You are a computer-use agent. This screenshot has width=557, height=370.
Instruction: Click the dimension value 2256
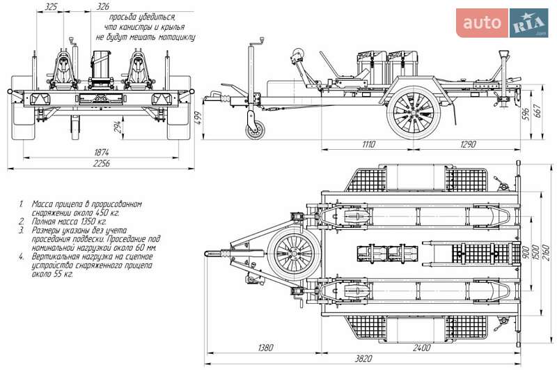pyautogui.click(x=101, y=164)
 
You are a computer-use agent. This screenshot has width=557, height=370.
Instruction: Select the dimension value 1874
pyautogui.click(x=101, y=153)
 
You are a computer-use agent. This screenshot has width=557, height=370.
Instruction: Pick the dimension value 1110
pyautogui.click(x=368, y=144)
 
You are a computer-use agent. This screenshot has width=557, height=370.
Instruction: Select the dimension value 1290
pyautogui.click(x=467, y=144)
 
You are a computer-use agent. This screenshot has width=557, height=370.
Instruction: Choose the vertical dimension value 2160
pyautogui.click(x=547, y=250)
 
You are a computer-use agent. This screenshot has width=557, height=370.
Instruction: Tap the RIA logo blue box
pyautogui.click(x=528, y=23)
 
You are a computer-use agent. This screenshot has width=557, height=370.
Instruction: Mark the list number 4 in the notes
pyautogui.click(x=22, y=256)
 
